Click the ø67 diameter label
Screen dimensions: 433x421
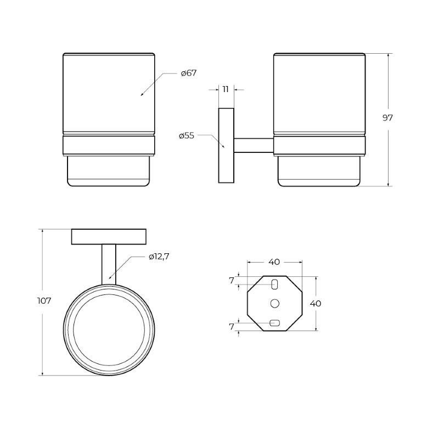(189, 73)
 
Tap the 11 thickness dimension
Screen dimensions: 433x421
(226, 89)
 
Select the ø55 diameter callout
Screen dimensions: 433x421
(187, 136)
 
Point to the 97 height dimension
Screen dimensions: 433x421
(387, 118)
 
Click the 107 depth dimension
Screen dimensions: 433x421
(44, 301)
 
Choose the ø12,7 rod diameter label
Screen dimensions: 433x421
(159, 257)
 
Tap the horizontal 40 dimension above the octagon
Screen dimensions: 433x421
(274, 262)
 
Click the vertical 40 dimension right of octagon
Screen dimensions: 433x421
(316, 304)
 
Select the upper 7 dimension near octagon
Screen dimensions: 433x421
(232, 281)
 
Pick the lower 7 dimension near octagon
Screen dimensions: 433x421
(232, 327)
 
